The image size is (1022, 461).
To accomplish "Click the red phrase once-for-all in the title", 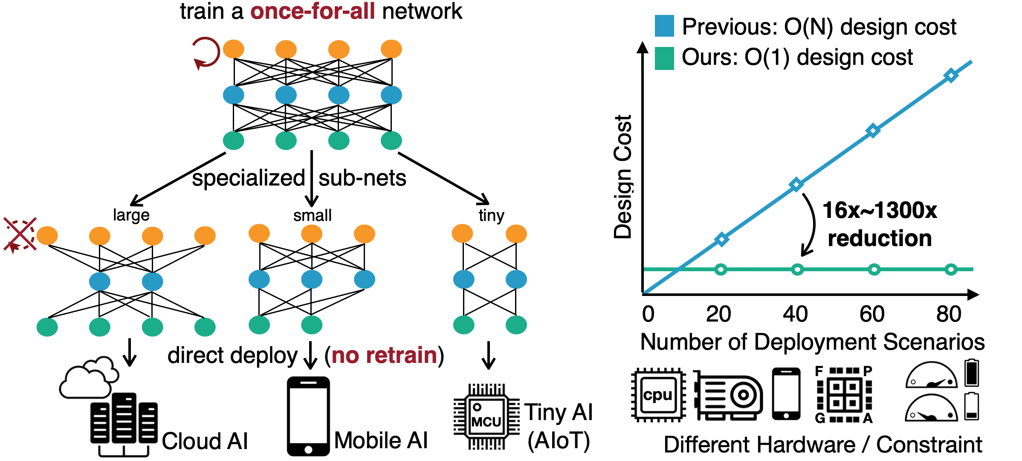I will pyautogui.click(x=313, y=11).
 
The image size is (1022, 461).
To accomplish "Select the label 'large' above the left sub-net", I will pyautogui.click(x=131, y=215).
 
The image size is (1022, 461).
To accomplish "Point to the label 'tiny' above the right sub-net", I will pyautogui.click(x=491, y=215).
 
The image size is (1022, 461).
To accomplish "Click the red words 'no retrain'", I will pyautogui.click(x=384, y=355).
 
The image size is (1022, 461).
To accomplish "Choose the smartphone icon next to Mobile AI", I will pyautogui.click(x=308, y=416).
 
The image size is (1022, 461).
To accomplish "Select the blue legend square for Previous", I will pyautogui.click(x=664, y=26).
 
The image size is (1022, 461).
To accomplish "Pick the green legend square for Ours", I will pyautogui.click(x=664, y=58).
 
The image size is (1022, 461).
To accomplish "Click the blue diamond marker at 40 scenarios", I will pyautogui.click(x=796, y=185).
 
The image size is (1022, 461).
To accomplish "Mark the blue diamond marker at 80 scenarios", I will pyautogui.click(x=951, y=75).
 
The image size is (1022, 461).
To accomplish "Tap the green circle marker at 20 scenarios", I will pyautogui.click(x=721, y=269).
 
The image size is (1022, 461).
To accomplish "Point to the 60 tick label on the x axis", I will pyautogui.click(x=872, y=314).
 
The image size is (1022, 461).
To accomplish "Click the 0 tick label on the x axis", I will pyautogui.click(x=648, y=314).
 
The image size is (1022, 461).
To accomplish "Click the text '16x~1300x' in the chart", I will pyautogui.click(x=879, y=210).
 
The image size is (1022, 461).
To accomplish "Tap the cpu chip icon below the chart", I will pyautogui.click(x=658, y=395).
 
